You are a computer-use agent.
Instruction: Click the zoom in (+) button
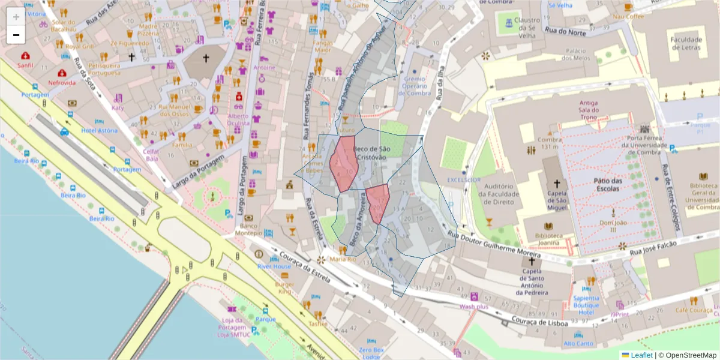(x=16, y=17)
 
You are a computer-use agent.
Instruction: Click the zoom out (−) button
(x=16, y=35)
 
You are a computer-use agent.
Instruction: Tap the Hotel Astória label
(x=99, y=131)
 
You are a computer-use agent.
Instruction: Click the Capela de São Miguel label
(x=556, y=200)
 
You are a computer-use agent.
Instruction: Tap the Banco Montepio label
(x=248, y=229)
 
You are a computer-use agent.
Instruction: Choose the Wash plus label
(x=474, y=307)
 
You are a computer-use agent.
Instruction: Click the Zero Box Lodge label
(x=371, y=353)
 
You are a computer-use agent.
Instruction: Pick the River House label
(x=274, y=266)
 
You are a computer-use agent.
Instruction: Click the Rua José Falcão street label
(x=653, y=247)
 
